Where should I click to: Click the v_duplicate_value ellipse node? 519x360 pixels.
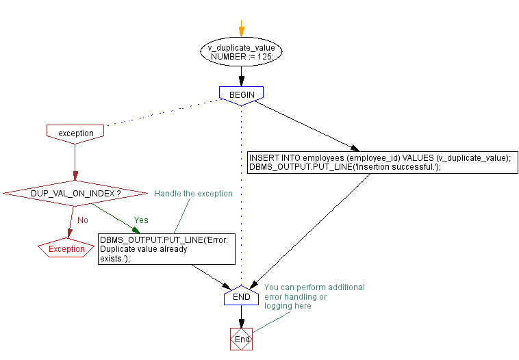[x=241, y=53]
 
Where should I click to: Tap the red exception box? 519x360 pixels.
[x=75, y=132]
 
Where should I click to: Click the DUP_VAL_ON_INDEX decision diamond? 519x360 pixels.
[x=75, y=194]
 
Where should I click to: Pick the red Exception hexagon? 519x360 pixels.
[x=66, y=249]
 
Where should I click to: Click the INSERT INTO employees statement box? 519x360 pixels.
[x=382, y=162]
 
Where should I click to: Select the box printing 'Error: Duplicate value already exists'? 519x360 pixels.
[x=166, y=249]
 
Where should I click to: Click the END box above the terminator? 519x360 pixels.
[x=241, y=298]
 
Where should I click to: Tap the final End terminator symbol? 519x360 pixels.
[x=242, y=339]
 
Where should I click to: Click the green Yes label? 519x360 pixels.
[x=140, y=220]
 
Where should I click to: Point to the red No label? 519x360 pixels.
[x=82, y=220]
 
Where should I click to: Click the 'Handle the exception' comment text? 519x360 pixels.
[x=193, y=194]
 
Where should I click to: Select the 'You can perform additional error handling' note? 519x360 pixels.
[x=314, y=296]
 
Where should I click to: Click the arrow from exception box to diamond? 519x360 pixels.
[x=75, y=164]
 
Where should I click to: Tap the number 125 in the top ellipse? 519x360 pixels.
[x=264, y=57]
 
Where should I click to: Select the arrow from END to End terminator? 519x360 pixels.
[x=241, y=317]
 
